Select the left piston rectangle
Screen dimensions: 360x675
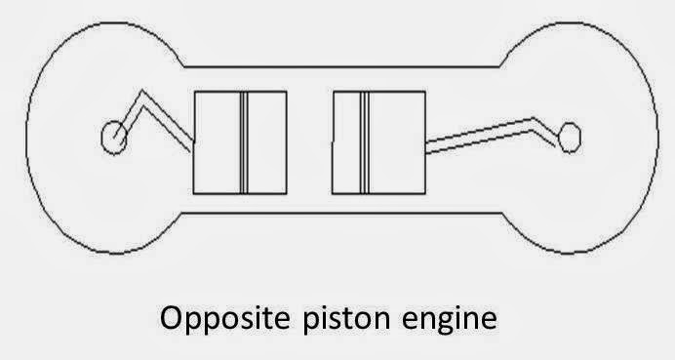pos(218,142)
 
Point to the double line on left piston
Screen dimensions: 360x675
pos(243,142)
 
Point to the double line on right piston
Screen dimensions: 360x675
pos(363,142)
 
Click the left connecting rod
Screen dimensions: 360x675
pos(166,120)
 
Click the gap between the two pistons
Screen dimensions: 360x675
pos(310,142)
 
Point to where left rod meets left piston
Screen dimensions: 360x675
pos(194,146)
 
